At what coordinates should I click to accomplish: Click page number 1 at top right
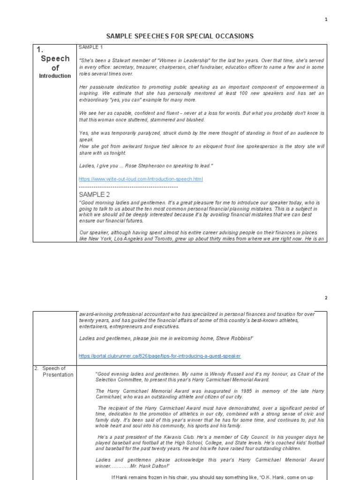pyautogui.click(x=326, y=19)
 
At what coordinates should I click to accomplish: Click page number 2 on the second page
pyautogui.click(x=326, y=298)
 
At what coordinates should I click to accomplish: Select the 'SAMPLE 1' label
pyautogui.click(x=90, y=48)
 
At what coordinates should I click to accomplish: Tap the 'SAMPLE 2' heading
pyautogui.click(x=94, y=194)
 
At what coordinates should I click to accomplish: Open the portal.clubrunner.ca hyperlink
pyautogui.click(x=159, y=356)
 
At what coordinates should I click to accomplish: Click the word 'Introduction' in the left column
pyautogui.click(x=55, y=76)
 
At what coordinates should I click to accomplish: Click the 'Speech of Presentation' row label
pyautogui.click(x=55, y=371)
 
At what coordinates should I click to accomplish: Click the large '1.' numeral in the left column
pyautogui.click(x=40, y=49)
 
